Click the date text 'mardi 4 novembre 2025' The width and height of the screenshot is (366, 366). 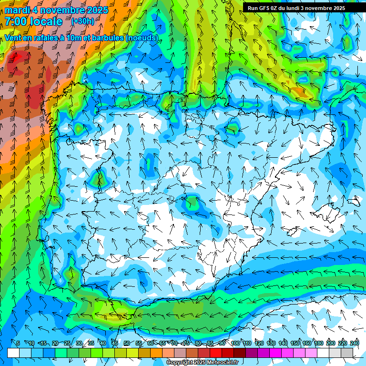[x=56, y=10]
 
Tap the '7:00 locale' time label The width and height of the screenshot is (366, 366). [x=33, y=21]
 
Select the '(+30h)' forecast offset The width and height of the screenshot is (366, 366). [x=82, y=21]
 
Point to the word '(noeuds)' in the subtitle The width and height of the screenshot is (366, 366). [x=142, y=38]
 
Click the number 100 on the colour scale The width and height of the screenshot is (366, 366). [x=235, y=343]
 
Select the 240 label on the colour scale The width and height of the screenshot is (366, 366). [x=354, y=343]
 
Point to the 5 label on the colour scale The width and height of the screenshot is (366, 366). [x=18, y=343]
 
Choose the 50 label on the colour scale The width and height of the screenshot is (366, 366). [x=126, y=343]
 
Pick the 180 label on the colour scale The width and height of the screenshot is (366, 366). [x=318, y=343]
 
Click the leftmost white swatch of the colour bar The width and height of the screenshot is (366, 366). [x=13, y=353]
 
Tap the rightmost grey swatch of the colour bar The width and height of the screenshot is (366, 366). [x=347, y=353]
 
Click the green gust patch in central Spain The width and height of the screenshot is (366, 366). [x=192, y=203]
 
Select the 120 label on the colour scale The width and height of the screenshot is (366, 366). [x=259, y=343]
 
